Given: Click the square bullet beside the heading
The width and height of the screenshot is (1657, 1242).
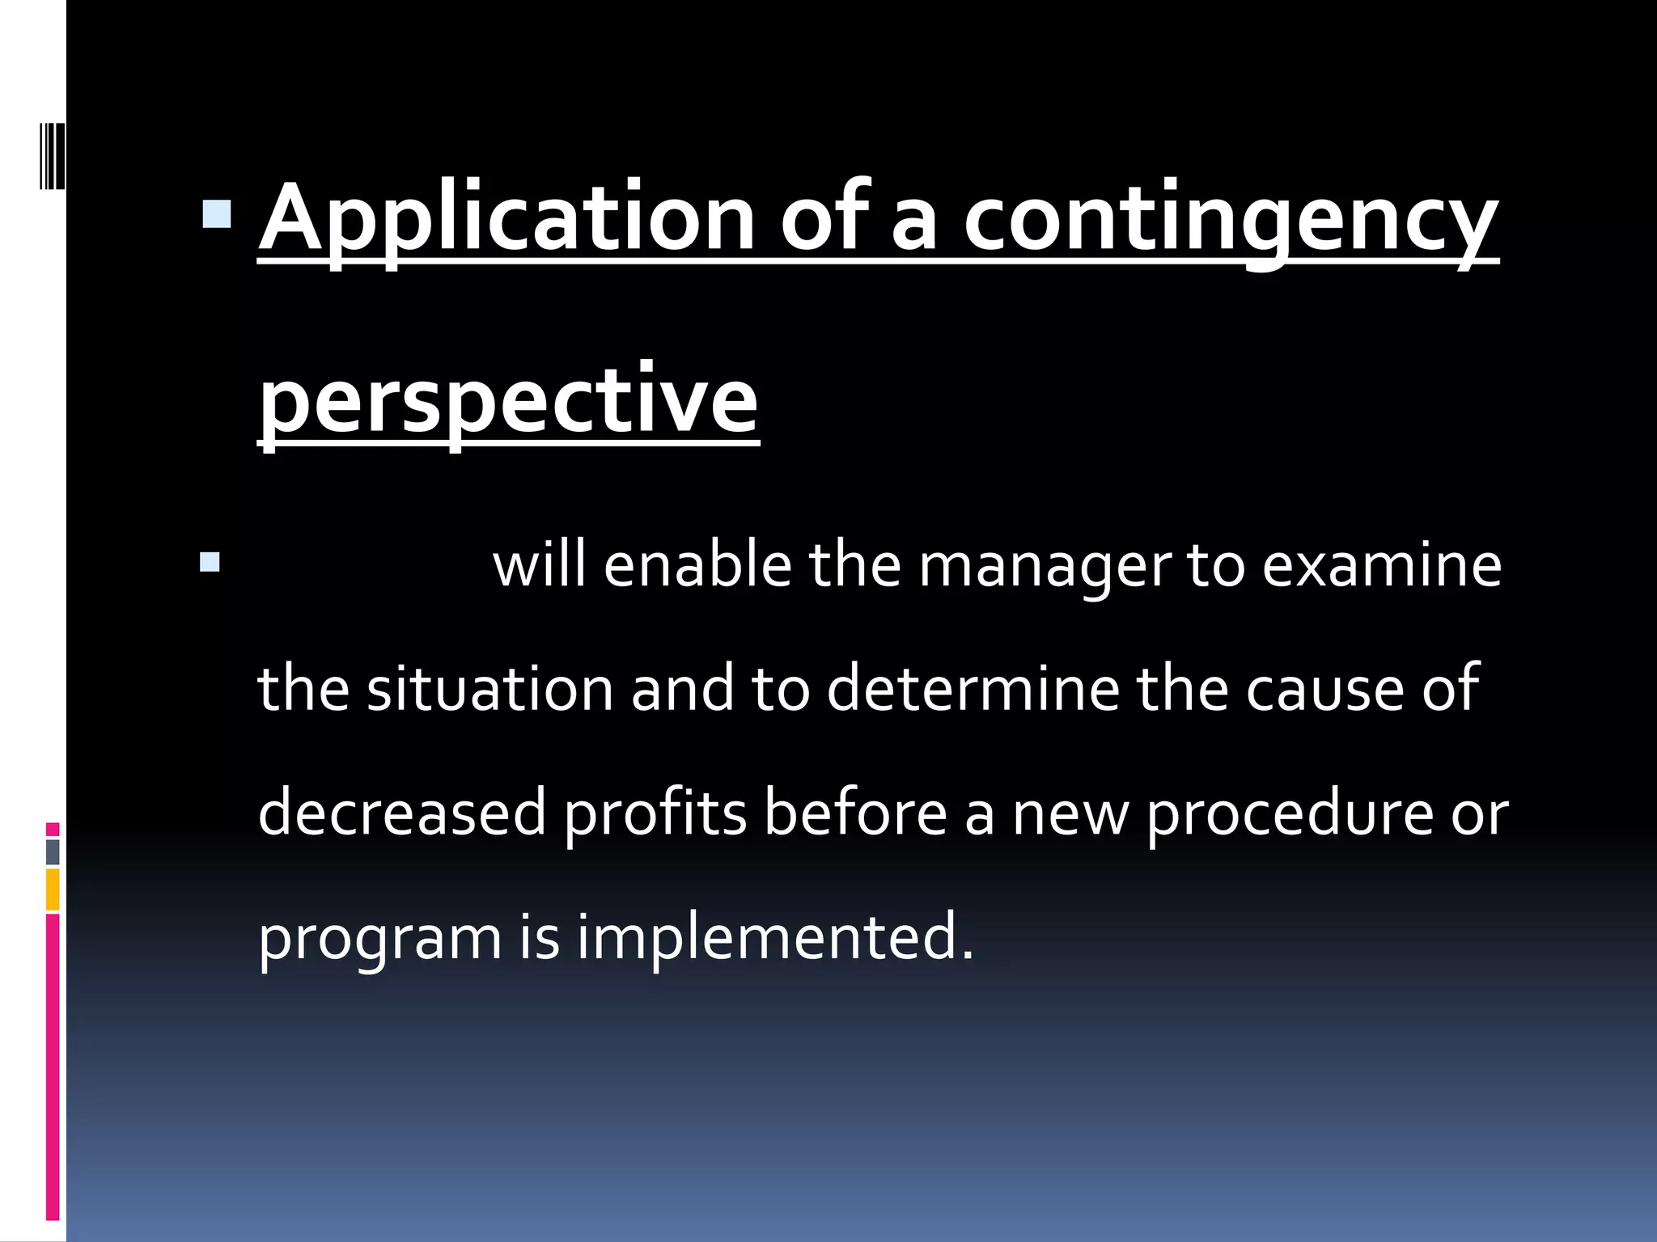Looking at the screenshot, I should pyautogui.click(x=216, y=215).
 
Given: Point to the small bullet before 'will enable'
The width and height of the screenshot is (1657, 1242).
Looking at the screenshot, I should pyautogui.click(x=210, y=561).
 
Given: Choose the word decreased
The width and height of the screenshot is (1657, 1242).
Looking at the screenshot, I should pyautogui.click(x=402, y=813).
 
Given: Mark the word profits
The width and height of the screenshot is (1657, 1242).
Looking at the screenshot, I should pyautogui.click(x=655, y=813).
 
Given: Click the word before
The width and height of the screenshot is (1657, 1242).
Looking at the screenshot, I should pyautogui.click(x=855, y=813).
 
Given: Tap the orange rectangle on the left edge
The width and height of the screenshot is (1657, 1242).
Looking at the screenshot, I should pyautogui.click(x=53, y=889).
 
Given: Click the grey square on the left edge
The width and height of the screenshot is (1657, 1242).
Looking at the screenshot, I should pyautogui.click(x=53, y=851).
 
